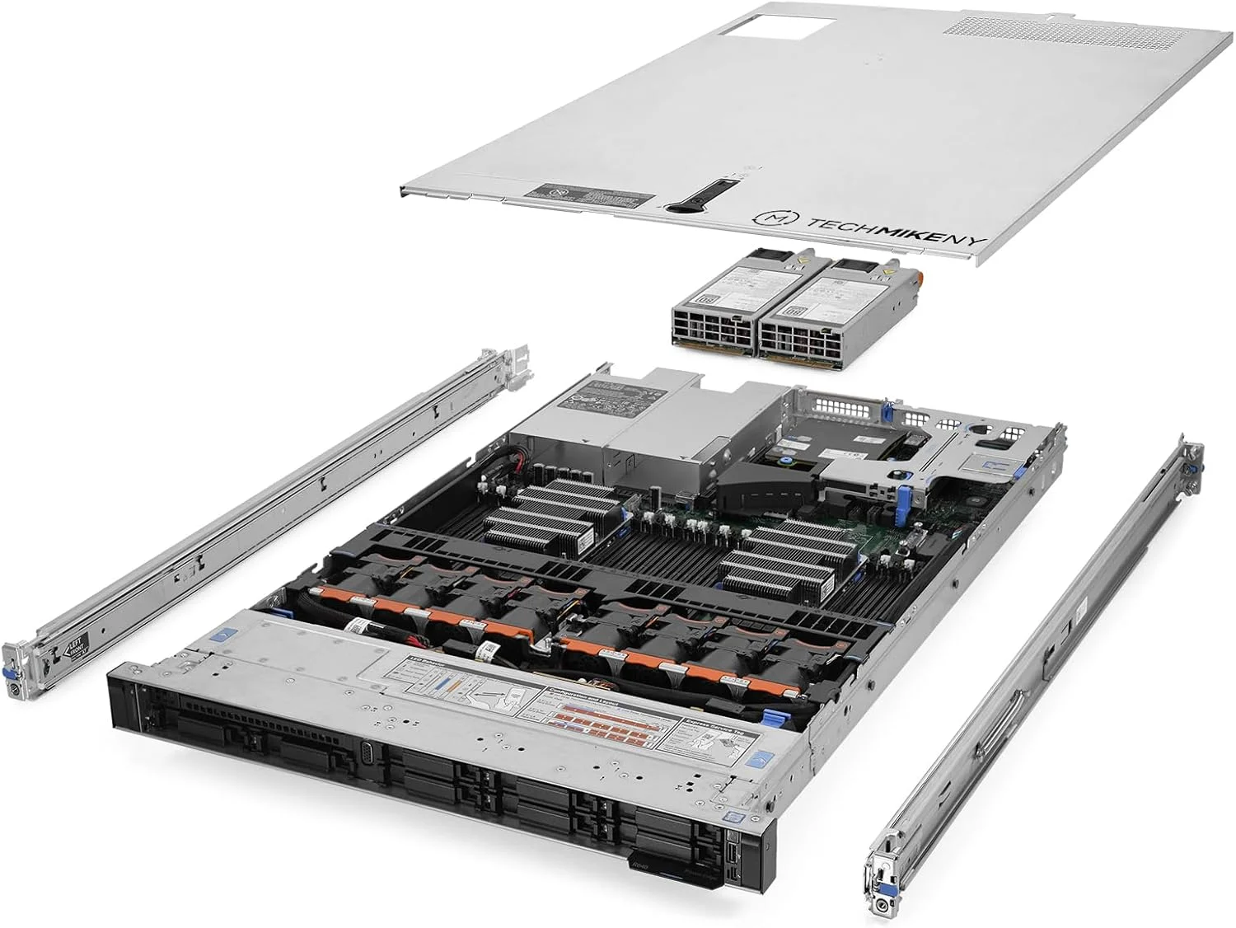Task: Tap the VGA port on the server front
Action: pyautogui.click(x=368, y=753)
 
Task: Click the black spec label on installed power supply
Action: pyautogui.click(x=611, y=395)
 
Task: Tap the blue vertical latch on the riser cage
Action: pyautogui.click(x=905, y=499)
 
